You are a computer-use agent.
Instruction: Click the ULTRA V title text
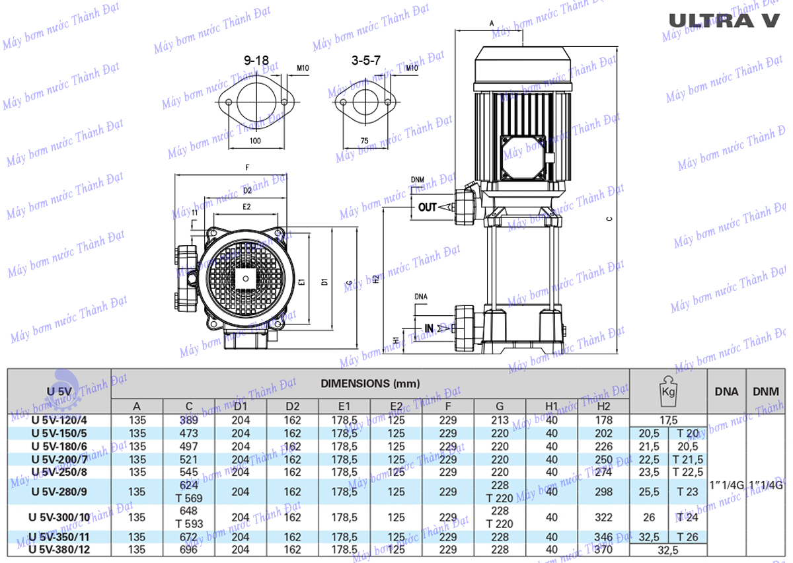pyautogui.click(x=724, y=20)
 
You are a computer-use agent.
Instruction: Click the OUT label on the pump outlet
pyautogui.click(x=428, y=207)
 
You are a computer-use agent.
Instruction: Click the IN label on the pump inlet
pyautogui.click(x=429, y=328)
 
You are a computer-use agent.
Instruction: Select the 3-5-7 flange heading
pyautogui.click(x=366, y=60)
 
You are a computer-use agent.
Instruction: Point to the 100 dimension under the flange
pyautogui.click(x=256, y=141)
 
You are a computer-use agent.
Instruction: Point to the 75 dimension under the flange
pyautogui.click(x=363, y=141)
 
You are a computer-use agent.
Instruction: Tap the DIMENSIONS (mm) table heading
pyautogui.click(x=370, y=383)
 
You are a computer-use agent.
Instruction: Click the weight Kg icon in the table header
pyautogui.click(x=667, y=391)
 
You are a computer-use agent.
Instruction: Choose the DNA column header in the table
pyautogui.click(x=727, y=391)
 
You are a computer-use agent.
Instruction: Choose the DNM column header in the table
pyautogui.click(x=766, y=391)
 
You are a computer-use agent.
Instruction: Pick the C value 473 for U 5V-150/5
pyautogui.click(x=189, y=433)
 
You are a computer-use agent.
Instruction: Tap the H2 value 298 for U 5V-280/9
pyautogui.click(x=603, y=492)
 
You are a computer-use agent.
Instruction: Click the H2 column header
pyautogui.click(x=603, y=406)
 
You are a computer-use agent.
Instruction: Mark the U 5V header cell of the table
pyautogui.click(x=58, y=391)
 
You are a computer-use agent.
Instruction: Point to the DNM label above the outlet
pyautogui.click(x=418, y=180)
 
